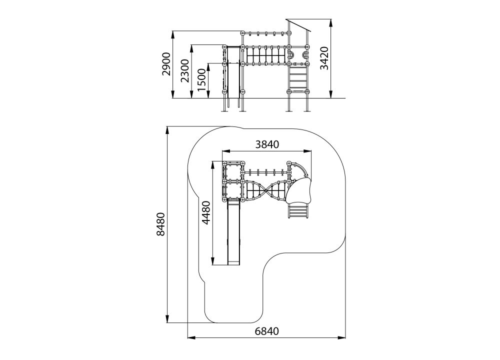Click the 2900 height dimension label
point(166,64)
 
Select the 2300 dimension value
point(185,71)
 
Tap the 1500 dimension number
point(202,79)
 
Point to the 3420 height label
point(324,58)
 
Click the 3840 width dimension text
point(267,145)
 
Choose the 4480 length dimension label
point(206,212)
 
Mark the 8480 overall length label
point(160,224)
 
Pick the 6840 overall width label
point(267,331)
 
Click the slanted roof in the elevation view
point(298,25)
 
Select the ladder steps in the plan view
point(298,211)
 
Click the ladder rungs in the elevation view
point(298,78)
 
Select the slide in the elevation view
point(233,76)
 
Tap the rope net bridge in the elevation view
point(265,56)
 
